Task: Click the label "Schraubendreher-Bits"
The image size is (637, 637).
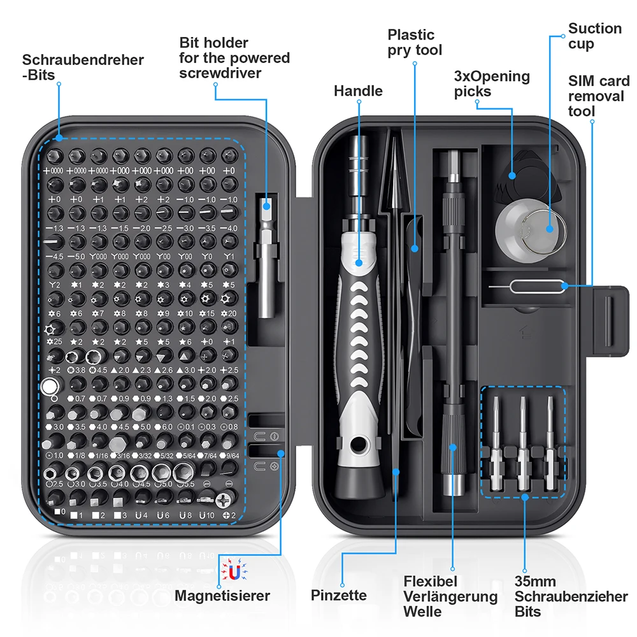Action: (x=83, y=68)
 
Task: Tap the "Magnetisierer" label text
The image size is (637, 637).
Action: (x=222, y=596)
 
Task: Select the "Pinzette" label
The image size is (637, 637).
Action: (x=339, y=595)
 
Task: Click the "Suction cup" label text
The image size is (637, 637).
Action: (x=595, y=36)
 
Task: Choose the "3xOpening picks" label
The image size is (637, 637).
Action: (x=491, y=83)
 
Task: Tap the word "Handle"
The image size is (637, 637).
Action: (x=358, y=91)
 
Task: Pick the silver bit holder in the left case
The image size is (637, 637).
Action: (x=267, y=255)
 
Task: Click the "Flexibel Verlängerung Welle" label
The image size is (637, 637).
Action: (x=450, y=596)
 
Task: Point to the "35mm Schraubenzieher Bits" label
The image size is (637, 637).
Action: (x=571, y=596)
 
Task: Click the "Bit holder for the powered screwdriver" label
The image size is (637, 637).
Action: (x=234, y=58)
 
